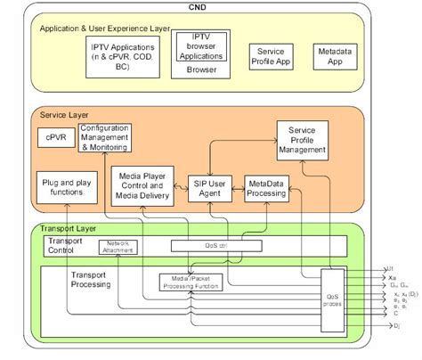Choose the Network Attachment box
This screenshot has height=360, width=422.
118,247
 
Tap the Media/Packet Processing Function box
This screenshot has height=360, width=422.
191,282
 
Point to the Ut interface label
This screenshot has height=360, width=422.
389,267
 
